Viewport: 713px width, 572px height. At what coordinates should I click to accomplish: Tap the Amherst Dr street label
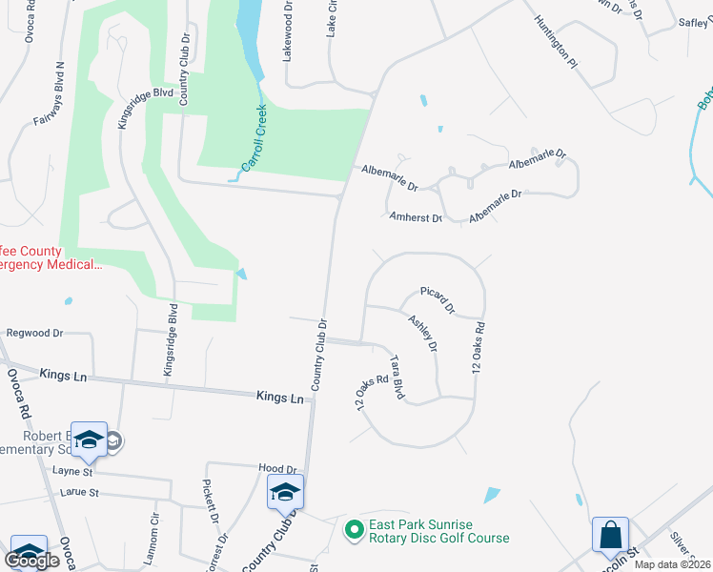pyautogui.click(x=417, y=217)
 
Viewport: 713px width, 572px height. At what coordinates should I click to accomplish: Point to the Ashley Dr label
pyautogui.click(x=422, y=334)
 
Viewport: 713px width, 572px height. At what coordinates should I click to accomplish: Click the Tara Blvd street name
pyautogui.click(x=397, y=377)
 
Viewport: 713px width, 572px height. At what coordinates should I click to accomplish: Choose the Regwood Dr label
pyautogui.click(x=34, y=334)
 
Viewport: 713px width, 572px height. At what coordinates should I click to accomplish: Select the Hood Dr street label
pyautogui.click(x=278, y=469)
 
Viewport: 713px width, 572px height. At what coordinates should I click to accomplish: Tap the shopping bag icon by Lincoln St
pyautogui.click(x=610, y=536)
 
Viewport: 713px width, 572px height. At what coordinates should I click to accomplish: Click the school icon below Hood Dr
pyautogui.click(x=285, y=492)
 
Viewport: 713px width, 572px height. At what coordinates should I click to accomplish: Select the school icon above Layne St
pyautogui.click(x=89, y=439)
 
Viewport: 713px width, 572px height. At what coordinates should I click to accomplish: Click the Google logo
pyautogui.click(x=32, y=561)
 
